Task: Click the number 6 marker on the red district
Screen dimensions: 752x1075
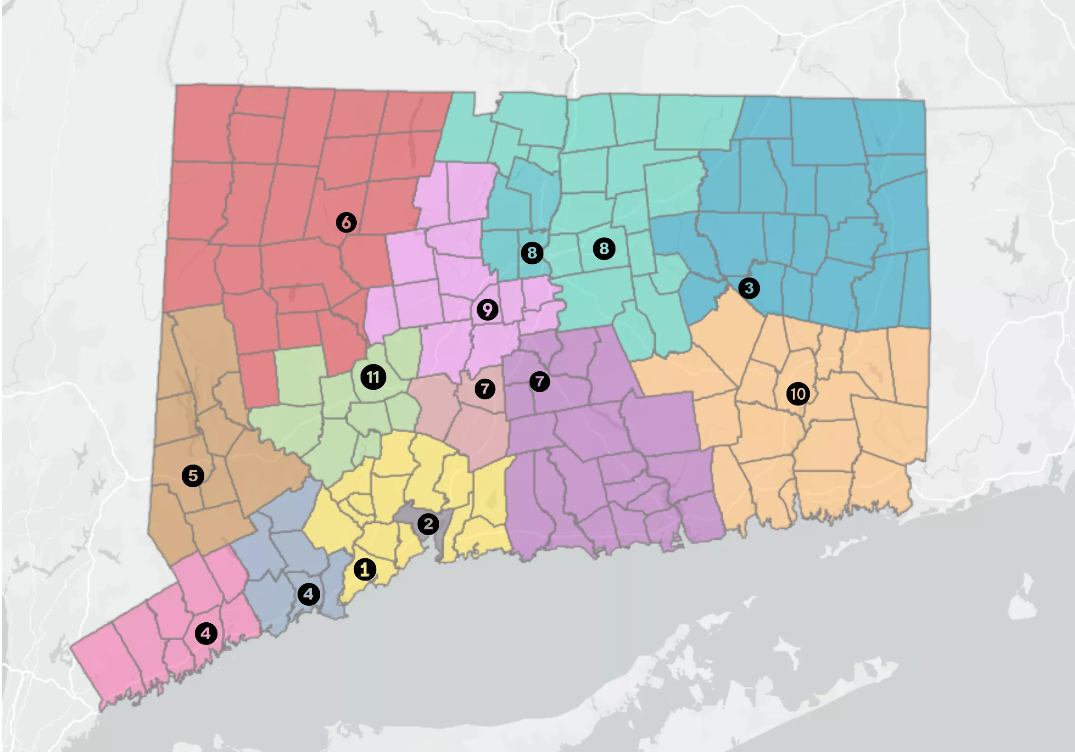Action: tap(346, 222)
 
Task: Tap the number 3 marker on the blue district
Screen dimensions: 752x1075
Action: tap(749, 288)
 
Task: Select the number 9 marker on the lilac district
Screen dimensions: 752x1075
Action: tap(488, 310)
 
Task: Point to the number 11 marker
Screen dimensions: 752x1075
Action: tap(373, 377)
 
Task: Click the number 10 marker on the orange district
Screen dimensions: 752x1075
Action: tap(798, 394)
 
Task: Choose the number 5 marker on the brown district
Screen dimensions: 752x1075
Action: tap(193, 475)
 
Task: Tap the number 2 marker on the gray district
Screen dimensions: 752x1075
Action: tap(428, 524)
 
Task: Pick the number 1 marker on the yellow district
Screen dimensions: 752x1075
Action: tap(365, 569)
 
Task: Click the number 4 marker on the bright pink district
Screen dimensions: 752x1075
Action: tap(206, 633)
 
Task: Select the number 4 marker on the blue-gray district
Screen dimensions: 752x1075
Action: tap(308, 594)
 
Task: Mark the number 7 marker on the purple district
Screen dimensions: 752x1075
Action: tap(540, 381)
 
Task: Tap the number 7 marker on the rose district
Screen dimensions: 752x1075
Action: tap(485, 389)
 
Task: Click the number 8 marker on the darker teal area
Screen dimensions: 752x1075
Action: tap(532, 253)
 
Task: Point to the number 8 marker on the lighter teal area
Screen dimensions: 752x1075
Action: tap(604, 249)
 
